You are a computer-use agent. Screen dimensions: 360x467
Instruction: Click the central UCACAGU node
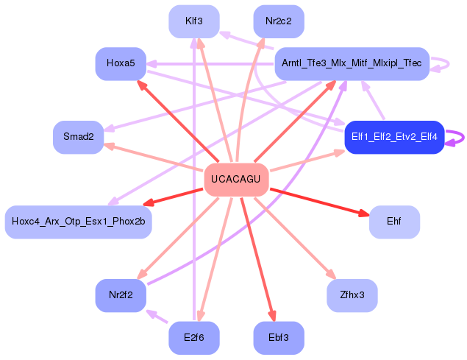coord(235,179)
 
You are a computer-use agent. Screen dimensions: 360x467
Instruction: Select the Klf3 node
coord(194,21)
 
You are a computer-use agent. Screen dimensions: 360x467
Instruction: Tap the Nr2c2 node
coord(279,21)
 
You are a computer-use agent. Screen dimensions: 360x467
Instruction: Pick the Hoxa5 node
coord(121,63)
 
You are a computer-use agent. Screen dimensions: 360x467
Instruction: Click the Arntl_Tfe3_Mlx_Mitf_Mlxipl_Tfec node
coord(352,64)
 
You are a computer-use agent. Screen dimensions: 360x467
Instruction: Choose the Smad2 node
coord(78,137)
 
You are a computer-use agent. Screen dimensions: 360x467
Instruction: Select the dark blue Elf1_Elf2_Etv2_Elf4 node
coord(394,137)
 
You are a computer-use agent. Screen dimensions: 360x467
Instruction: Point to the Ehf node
coord(394,222)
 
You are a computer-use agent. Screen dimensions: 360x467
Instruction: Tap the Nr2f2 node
coord(121,295)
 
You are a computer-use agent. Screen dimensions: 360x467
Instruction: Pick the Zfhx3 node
coord(352,295)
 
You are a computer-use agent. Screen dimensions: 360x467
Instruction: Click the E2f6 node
coord(194,338)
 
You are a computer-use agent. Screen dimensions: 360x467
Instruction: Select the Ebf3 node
coord(279,338)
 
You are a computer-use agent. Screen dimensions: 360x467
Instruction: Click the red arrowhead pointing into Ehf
coord(364,213)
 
